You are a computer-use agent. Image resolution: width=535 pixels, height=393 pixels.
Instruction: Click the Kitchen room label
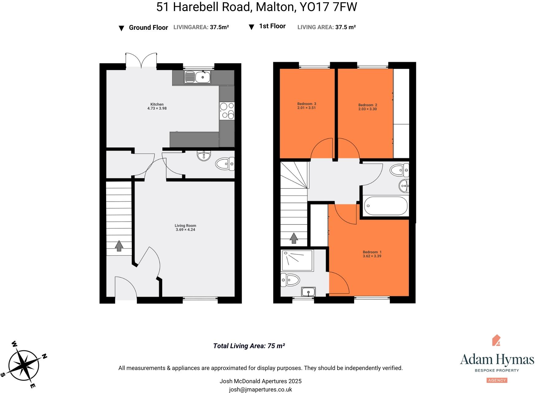[x=157, y=104]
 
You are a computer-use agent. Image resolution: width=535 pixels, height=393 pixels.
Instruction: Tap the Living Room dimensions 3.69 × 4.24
[x=185, y=230]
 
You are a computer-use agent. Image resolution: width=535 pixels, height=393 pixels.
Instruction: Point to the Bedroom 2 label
[x=368, y=105]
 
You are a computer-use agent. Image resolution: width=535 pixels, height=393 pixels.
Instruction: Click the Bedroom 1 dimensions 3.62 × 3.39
[x=372, y=256]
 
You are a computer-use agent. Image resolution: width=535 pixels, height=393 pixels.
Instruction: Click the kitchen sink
[x=198, y=77]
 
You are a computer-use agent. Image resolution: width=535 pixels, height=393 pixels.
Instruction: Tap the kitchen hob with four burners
[x=227, y=111]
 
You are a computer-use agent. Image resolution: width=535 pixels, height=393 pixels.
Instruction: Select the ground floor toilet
[x=225, y=164]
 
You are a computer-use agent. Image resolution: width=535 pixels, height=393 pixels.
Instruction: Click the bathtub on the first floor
[x=386, y=206]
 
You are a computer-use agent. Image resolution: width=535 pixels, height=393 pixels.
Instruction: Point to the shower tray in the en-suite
[x=297, y=260]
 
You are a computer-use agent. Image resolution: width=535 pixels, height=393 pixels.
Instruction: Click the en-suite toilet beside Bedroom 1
[x=290, y=280]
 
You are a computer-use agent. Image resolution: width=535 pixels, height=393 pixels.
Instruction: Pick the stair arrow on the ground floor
[x=119, y=246]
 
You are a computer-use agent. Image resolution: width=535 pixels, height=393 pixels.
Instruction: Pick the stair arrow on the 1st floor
[x=294, y=238]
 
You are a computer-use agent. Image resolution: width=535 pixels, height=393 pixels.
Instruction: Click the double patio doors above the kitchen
[x=141, y=60]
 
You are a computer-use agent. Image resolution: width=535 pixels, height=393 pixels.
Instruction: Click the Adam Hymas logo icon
[x=496, y=340]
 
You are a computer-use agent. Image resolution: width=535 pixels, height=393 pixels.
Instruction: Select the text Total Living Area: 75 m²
[x=249, y=346]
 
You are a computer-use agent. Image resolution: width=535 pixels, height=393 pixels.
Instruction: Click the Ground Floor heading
[x=148, y=28]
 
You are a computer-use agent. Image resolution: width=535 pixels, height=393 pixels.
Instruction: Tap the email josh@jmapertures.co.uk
[x=260, y=390]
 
